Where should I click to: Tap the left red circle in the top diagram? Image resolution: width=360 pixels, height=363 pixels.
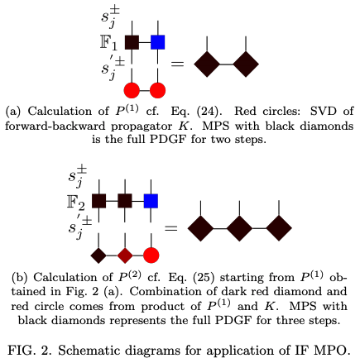(132, 89)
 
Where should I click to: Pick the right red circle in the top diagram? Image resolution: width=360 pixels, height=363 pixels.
(157, 89)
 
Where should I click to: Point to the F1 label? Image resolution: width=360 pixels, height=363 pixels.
(110, 41)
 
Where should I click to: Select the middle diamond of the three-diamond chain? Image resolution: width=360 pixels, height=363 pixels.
(239, 225)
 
